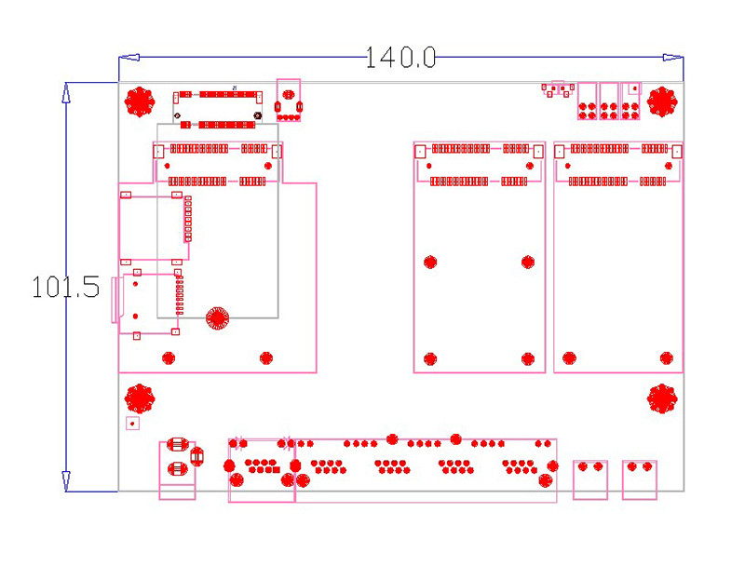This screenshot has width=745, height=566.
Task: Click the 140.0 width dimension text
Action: coord(400,58)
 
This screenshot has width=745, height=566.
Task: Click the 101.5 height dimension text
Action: coord(65,287)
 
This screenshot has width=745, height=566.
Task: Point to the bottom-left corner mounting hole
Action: coord(140,398)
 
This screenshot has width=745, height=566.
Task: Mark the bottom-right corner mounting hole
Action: coord(662,398)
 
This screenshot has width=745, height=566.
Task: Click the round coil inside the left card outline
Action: coord(217,318)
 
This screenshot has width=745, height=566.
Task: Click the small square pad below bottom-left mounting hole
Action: coord(132,424)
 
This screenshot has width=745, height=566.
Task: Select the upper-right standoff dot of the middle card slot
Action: coord(528,263)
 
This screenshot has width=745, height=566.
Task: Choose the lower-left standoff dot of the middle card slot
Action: coord(430,358)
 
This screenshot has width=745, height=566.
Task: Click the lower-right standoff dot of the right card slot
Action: coord(666,357)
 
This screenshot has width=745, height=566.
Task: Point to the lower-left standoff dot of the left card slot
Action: coord(169,357)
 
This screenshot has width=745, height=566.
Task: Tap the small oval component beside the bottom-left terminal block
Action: coord(196,456)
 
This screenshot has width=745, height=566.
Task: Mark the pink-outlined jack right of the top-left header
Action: coord(290,100)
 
